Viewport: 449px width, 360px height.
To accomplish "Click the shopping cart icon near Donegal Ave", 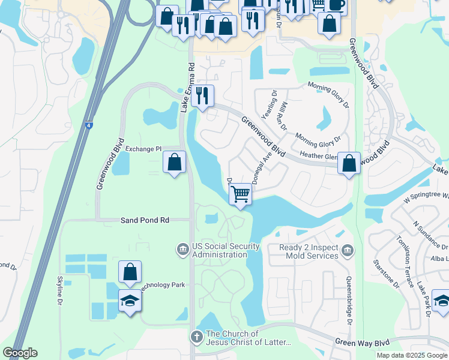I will coord(240,194).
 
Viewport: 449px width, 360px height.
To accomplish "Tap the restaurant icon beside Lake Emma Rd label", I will coord(202,96).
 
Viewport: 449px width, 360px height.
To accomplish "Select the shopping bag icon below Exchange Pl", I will coord(174,162).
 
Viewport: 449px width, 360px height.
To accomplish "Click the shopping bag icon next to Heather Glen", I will coord(349,163).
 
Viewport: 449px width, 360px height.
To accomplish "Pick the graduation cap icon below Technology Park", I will coord(130,299).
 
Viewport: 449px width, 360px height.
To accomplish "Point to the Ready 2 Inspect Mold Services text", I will coord(309,251).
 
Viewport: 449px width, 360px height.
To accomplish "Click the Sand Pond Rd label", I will coord(145,220).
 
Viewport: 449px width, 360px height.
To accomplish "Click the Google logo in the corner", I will coord(20,353).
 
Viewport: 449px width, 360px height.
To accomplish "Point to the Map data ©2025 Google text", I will coord(411,355).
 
